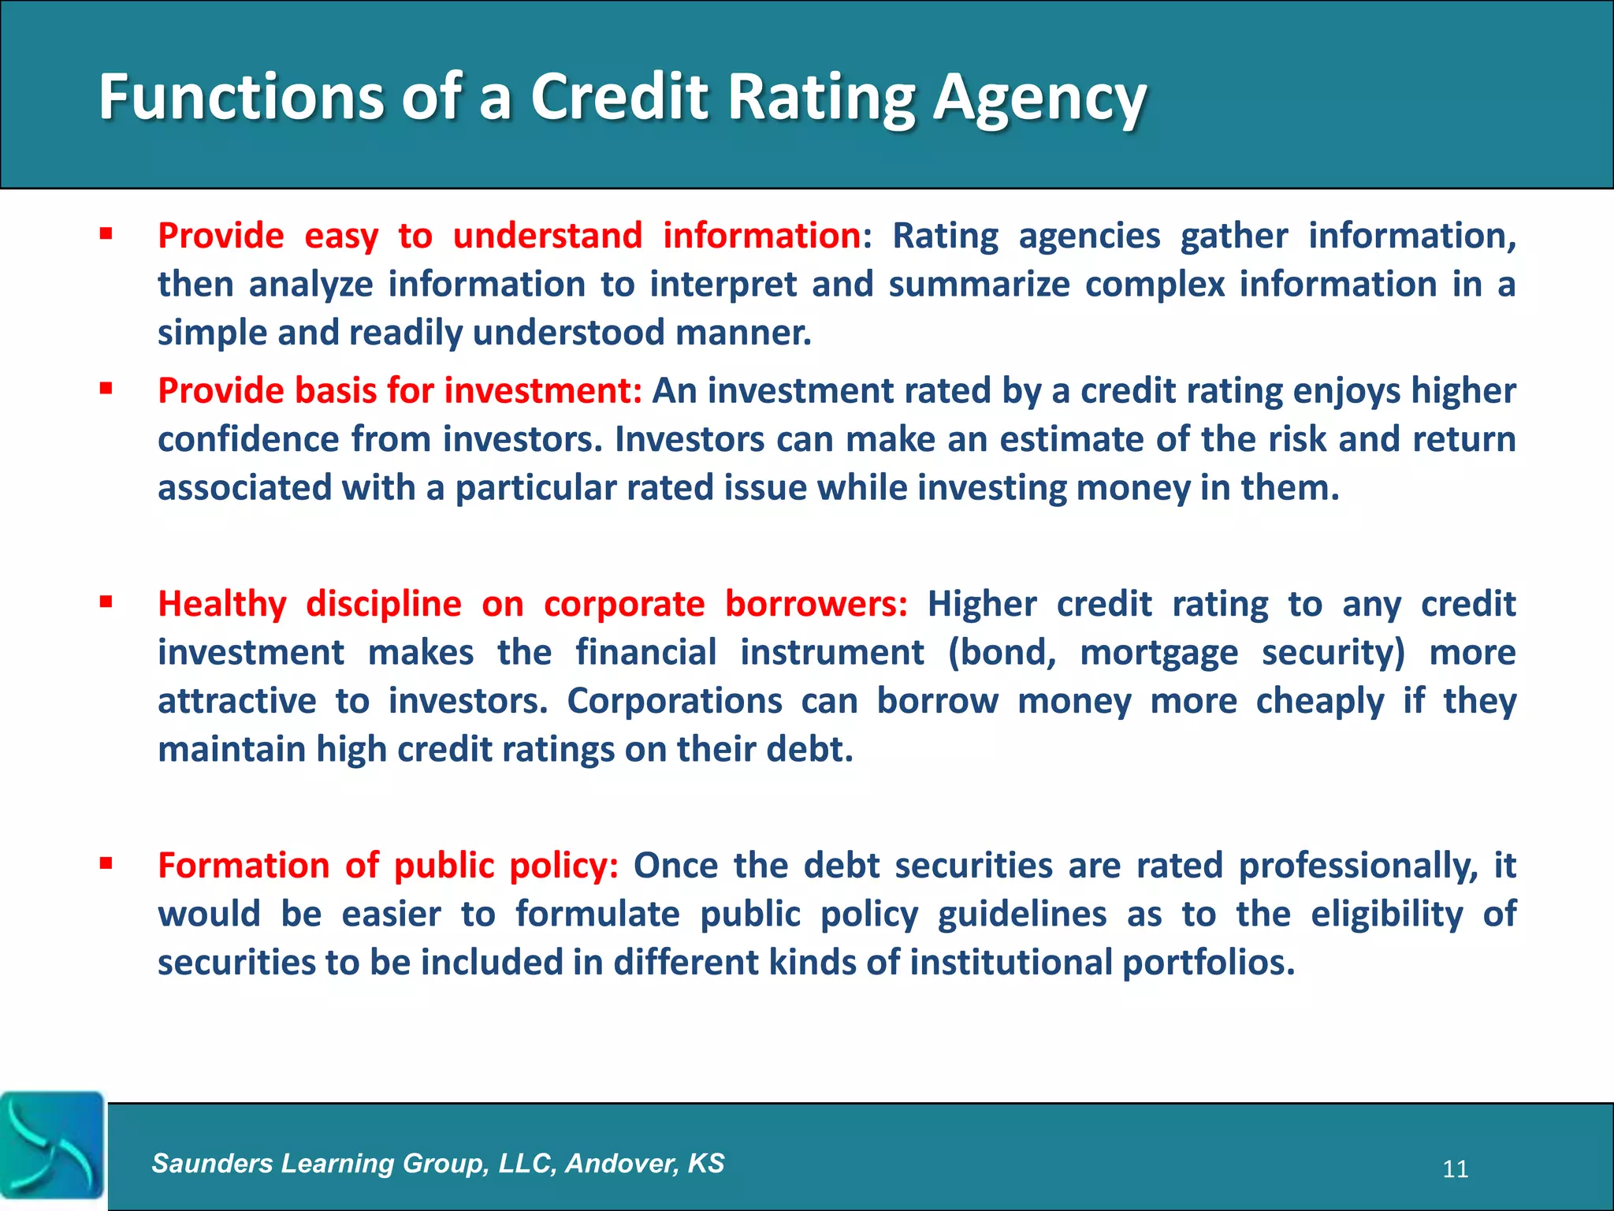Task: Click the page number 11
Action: tap(1455, 1169)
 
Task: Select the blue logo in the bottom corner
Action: tap(52, 1145)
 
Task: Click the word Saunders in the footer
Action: tap(212, 1163)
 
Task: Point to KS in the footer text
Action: tap(705, 1163)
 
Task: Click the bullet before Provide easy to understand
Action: tap(106, 234)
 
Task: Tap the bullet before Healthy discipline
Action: tap(106, 602)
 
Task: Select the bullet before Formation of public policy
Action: tap(106, 864)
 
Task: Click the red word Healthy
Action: tap(221, 605)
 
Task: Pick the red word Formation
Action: tap(241, 866)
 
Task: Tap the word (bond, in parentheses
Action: tap(1002, 654)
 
